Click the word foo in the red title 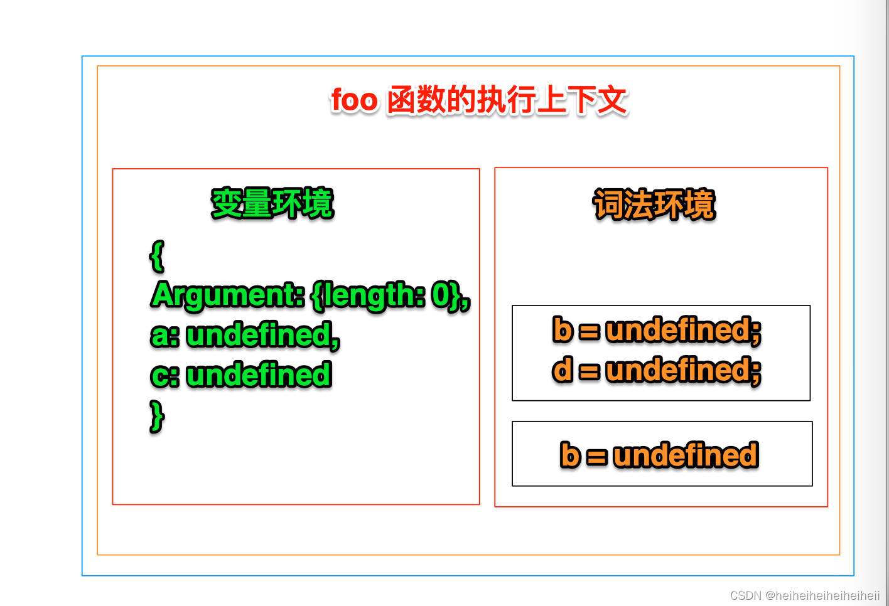click(x=354, y=99)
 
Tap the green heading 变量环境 click(x=272, y=203)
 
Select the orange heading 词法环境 click(x=654, y=205)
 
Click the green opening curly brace click(x=157, y=256)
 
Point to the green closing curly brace click(x=157, y=417)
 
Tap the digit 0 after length click(x=441, y=294)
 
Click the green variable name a click(x=160, y=336)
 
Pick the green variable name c click(x=160, y=376)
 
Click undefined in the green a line click(x=259, y=335)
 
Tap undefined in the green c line click(x=259, y=375)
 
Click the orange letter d click(x=563, y=369)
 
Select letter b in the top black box click(x=563, y=329)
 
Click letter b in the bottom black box click(x=570, y=454)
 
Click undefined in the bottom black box click(x=686, y=454)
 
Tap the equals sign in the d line click(x=590, y=371)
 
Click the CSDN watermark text click(x=805, y=595)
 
